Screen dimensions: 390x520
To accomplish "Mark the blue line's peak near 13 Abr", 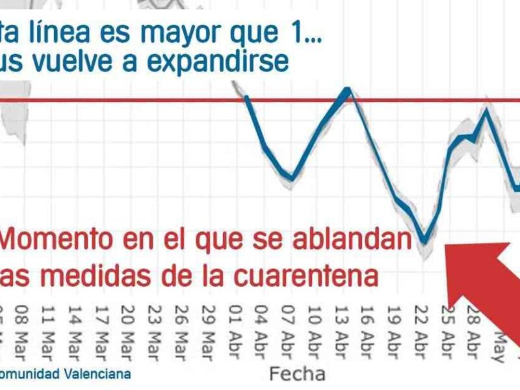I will pyautogui.click(x=348, y=90).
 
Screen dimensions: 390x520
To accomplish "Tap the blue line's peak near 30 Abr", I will pyautogui.click(x=485, y=110).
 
